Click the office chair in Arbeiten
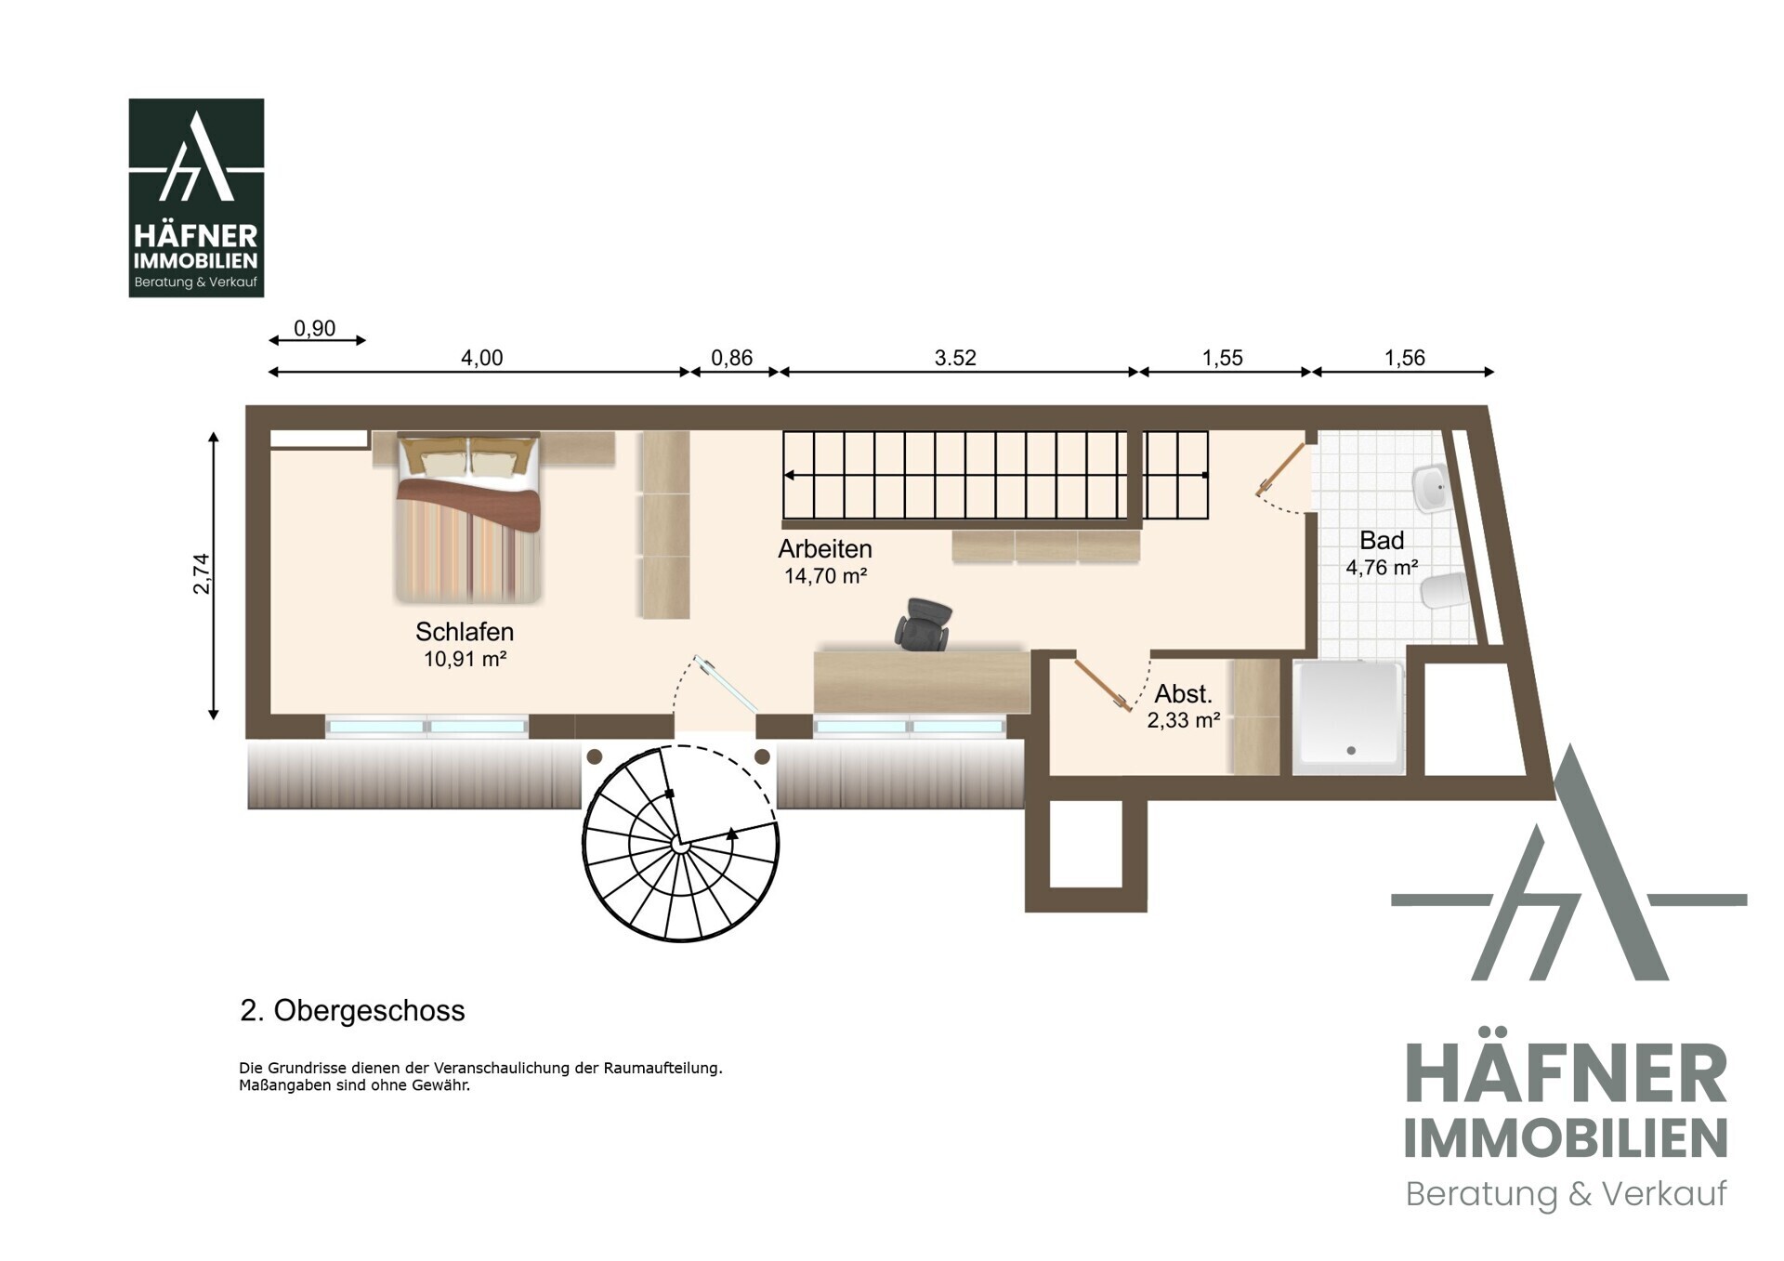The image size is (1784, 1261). pos(923,624)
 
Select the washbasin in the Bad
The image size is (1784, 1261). pos(1430,487)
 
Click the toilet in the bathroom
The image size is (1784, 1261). pos(1443,591)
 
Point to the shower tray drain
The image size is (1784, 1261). pos(1351,750)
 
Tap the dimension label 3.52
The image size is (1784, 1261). pos(955,358)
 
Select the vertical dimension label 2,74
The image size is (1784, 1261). pos(202,573)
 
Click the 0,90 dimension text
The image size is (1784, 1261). pos(314,328)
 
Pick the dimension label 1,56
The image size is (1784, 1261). pos(1404,358)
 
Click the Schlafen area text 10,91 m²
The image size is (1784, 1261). pos(465,659)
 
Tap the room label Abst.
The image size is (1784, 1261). pos(1183,693)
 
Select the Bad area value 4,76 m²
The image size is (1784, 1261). pos(1382,567)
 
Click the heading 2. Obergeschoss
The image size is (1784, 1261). pos(352,1010)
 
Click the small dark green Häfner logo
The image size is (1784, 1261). pos(196,198)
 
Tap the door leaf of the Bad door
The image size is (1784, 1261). pos(1281,468)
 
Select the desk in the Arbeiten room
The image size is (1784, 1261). pos(922,681)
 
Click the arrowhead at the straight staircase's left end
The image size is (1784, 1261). pos(789,475)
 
